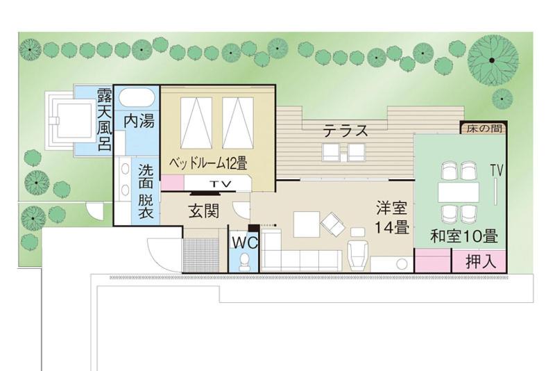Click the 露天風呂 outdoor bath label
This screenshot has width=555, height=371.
[105, 119]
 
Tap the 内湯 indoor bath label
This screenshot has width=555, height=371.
[139, 121]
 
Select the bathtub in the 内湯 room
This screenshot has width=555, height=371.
[136, 97]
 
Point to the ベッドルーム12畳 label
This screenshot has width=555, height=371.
[207, 163]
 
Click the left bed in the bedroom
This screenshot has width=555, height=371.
[196, 123]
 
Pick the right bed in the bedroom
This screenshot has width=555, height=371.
[238, 123]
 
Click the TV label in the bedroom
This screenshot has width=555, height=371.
[220, 184]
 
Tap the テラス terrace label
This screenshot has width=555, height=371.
[345, 131]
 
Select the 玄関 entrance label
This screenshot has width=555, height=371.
[204, 211]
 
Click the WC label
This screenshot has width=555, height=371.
[245, 242]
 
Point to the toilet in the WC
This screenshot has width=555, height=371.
[245, 261]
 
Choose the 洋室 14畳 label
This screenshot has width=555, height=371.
[392, 217]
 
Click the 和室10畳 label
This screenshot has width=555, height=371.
[463, 236]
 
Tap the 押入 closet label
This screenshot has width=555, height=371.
[480, 261]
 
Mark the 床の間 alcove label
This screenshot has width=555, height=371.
[484, 129]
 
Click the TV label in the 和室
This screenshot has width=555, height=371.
[497, 170]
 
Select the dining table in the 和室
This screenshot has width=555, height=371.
[459, 192]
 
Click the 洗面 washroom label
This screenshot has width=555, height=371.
[146, 175]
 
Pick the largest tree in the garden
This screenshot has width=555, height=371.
[493, 60]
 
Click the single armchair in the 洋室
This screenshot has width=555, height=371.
[358, 254]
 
